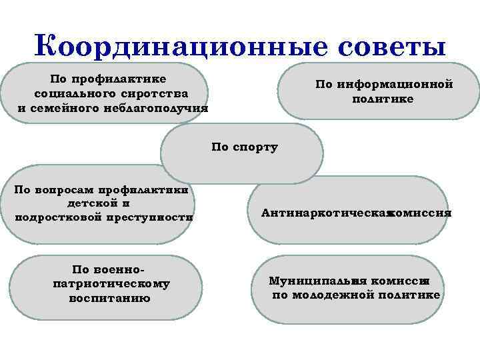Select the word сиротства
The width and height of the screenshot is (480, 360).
point(156,94)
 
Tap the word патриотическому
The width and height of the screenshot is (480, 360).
point(111,283)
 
